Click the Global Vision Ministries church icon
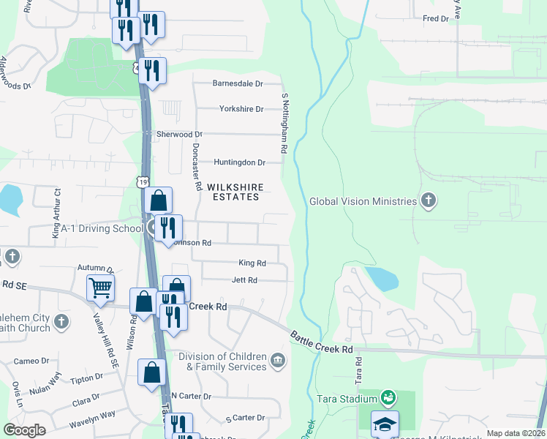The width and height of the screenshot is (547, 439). point(429,200)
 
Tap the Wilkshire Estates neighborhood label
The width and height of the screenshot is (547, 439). point(235,192)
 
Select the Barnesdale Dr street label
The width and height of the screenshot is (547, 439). point(237,83)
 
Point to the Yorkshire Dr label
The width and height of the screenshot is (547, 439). point(241,109)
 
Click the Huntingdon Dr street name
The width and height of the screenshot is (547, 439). point(238,162)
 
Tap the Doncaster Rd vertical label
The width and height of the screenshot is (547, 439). point(196,166)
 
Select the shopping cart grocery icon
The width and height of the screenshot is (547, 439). point(100,287)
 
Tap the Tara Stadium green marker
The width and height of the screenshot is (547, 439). point(388,398)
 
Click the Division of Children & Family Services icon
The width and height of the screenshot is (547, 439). point(278,360)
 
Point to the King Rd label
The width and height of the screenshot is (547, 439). point(252,263)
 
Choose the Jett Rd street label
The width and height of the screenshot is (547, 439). point(244,280)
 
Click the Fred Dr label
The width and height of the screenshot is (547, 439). point(434,18)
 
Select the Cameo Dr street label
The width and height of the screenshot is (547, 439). point(31,361)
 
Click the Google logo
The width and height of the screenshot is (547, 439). point(25,429)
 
